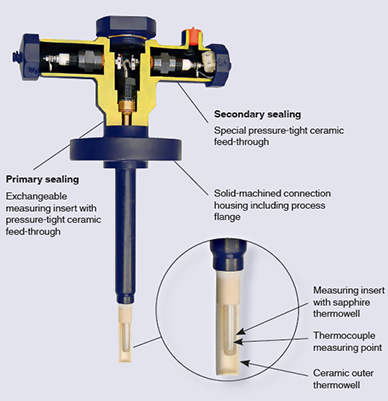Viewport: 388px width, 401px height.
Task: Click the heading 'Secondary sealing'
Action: [x=262, y=113]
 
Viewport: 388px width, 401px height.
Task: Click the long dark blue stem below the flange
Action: [x=130, y=230]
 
